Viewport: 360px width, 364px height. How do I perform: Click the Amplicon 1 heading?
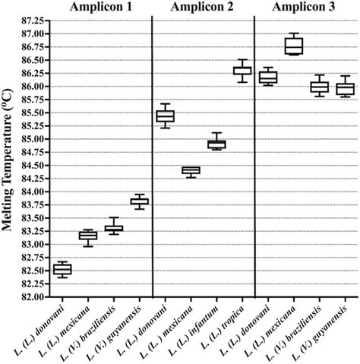point(101,8)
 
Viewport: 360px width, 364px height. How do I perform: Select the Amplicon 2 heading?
point(203,8)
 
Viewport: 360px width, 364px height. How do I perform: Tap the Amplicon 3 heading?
point(306,8)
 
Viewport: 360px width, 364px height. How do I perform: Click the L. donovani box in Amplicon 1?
point(62,269)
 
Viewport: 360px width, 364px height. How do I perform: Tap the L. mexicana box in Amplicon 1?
point(88,236)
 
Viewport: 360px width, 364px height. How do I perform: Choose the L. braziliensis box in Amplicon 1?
point(114,228)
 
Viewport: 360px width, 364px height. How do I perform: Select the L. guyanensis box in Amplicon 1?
point(140,201)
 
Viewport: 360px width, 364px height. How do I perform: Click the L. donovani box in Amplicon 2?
point(165,116)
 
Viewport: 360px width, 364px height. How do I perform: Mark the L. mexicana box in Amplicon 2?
point(191,170)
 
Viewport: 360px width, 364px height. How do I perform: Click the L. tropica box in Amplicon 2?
point(242,71)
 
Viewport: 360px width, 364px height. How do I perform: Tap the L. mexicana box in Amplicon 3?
point(293,46)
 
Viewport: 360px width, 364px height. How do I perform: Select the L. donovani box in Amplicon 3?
point(268,77)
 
